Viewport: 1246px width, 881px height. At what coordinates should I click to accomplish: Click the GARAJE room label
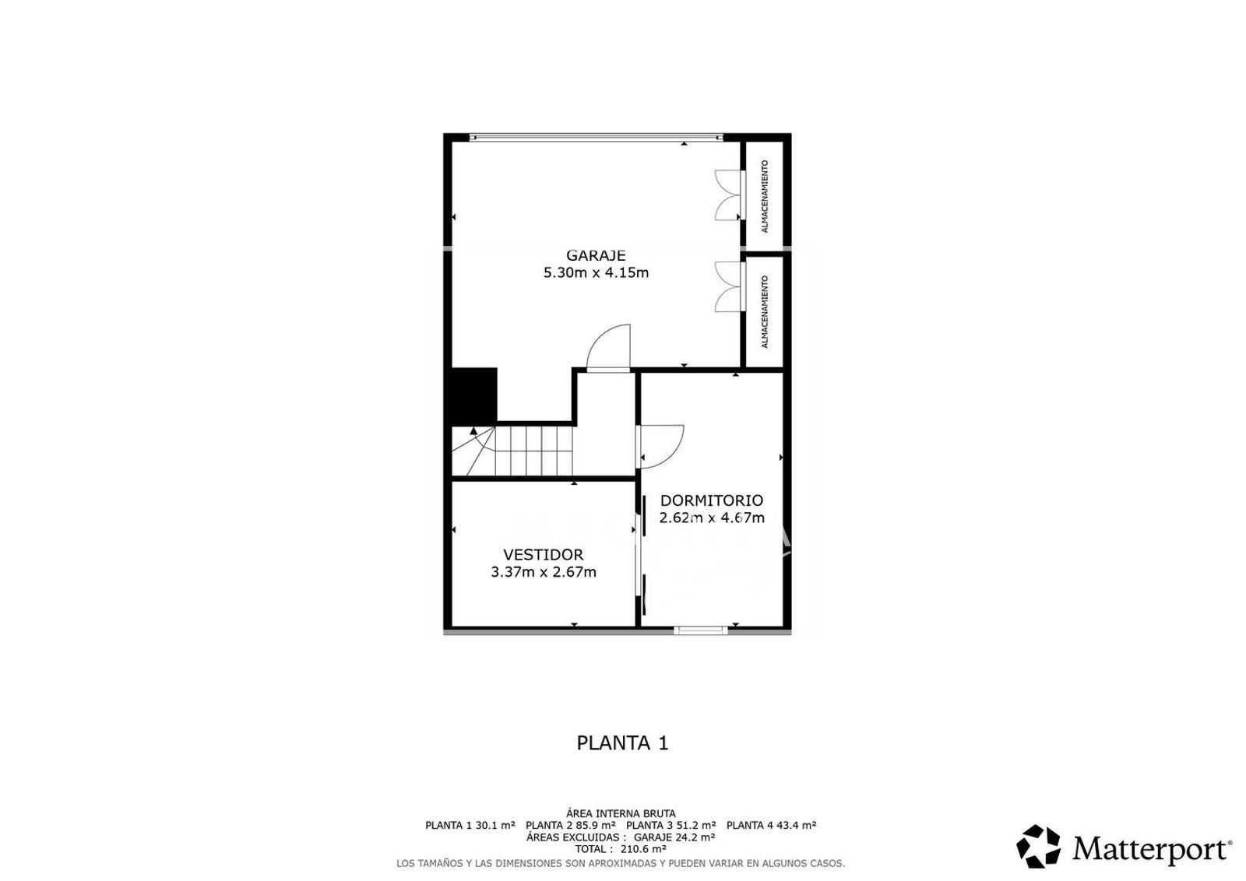click(x=596, y=255)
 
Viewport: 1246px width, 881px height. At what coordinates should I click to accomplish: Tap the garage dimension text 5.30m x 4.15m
click(x=596, y=273)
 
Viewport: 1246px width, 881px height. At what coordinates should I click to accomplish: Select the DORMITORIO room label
click(x=712, y=500)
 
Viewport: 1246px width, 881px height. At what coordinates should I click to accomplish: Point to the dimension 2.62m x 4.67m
click(x=712, y=518)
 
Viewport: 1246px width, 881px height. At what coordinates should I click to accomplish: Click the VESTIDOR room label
click(x=544, y=555)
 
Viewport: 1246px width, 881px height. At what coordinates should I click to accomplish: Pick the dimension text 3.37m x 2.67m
click(x=544, y=572)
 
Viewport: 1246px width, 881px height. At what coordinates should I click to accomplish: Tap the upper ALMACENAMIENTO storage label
click(x=765, y=196)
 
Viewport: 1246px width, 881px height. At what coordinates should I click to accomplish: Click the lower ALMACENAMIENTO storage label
click(x=765, y=312)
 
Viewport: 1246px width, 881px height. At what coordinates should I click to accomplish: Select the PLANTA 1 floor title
click(x=622, y=743)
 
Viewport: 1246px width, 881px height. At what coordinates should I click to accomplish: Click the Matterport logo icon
click(x=1039, y=846)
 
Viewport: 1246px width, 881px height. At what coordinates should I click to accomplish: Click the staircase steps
click(x=512, y=451)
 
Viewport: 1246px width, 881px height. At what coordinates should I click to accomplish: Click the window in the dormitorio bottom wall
click(x=700, y=630)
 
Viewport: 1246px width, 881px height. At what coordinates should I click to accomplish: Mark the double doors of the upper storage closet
click(x=729, y=195)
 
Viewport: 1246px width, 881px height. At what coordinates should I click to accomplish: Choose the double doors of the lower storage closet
click(x=729, y=287)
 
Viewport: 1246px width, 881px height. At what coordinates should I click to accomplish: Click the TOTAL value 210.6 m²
click(x=643, y=849)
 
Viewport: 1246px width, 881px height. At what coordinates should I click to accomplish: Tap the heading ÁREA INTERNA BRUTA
click(x=621, y=814)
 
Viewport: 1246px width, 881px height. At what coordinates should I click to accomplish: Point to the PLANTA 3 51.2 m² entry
click(x=671, y=826)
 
